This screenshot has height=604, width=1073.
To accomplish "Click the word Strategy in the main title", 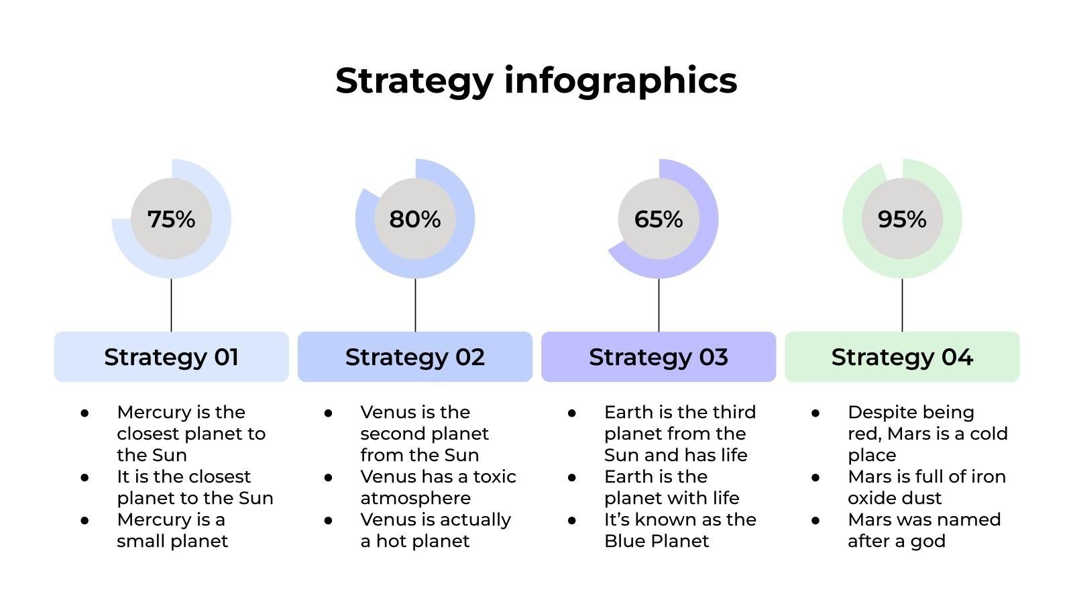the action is point(414,81).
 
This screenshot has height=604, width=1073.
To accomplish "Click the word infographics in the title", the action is point(621,81).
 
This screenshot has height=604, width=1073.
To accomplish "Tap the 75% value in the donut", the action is point(172,219).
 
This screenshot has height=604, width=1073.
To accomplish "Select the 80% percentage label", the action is point(415,219).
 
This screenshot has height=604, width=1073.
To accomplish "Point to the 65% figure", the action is point(659,219).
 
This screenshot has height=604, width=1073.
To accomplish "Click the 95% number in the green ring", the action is point(902,219).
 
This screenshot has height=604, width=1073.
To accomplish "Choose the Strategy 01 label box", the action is point(172,356).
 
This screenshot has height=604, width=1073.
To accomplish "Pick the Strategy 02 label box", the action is point(415,356).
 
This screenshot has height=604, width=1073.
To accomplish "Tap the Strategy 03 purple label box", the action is point(659,356).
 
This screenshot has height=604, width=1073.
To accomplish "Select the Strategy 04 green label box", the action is point(902,356).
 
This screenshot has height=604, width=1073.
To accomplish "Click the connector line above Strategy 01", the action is point(172,305).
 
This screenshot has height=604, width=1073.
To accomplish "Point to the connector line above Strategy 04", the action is point(903,305).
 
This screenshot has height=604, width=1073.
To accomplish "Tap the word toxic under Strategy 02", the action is point(495,476).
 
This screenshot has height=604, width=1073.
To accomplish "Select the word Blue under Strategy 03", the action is point(624,541).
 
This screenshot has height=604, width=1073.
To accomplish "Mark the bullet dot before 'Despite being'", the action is point(815,413).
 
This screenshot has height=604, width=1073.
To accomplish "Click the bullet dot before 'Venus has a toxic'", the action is point(328,477).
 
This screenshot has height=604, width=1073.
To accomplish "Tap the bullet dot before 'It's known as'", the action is point(572,520).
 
